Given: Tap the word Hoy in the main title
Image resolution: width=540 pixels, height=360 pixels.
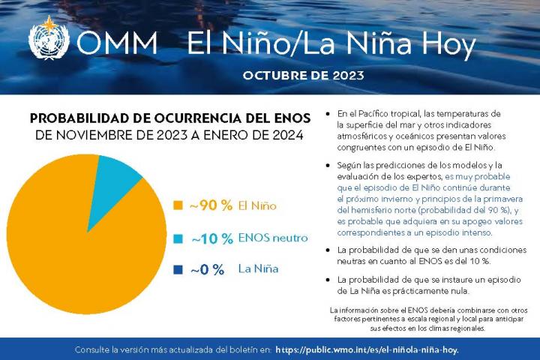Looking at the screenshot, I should click(447, 44).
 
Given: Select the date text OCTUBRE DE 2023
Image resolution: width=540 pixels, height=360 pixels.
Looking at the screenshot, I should click(304, 75).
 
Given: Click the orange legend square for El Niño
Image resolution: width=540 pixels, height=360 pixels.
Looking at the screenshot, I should click(178, 205).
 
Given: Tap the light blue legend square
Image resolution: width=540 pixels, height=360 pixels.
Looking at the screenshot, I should click(178, 238).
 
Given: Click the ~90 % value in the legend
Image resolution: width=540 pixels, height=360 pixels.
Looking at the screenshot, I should click(210, 205).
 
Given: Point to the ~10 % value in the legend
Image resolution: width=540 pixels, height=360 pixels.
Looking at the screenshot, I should click(211, 238).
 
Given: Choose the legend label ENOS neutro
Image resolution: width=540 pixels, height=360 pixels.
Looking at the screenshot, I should click(273, 238).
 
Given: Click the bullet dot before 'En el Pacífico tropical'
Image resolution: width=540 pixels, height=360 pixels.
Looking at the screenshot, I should click(328, 113).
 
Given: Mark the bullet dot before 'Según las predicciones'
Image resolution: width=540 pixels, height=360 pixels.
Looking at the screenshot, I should click(328, 164).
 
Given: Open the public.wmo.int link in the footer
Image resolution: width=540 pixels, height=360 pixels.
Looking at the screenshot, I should click(367, 349).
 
